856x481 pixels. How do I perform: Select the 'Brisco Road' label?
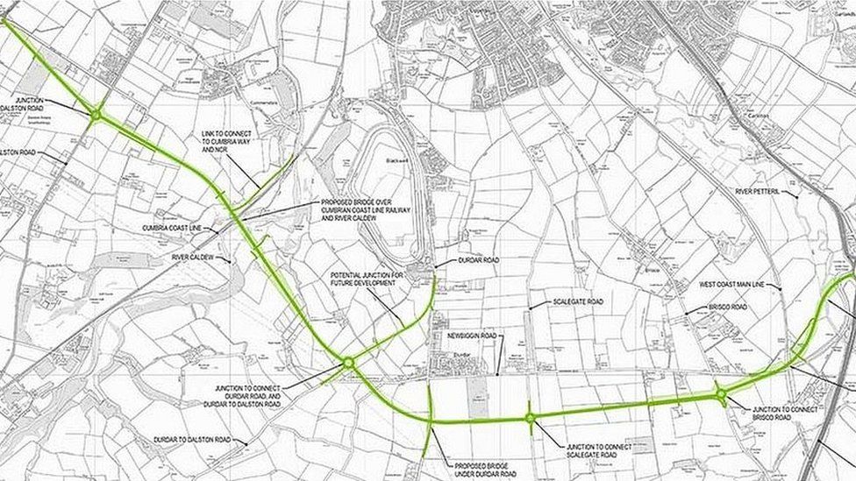tap(728, 308)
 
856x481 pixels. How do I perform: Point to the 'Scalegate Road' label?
tap(577, 301)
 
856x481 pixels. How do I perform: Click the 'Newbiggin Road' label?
tap(471, 336)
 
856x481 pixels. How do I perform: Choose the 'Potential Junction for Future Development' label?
tap(367, 279)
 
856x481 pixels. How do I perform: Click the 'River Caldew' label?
tap(193, 258)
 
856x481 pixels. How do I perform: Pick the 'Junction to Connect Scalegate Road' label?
tap(599, 451)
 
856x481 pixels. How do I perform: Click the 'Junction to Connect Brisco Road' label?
tap(785, 414)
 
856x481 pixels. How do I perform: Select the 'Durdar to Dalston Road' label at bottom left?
tap(192, 440)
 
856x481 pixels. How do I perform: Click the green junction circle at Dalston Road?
tap(96, 115)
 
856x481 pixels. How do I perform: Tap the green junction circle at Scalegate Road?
tap(531, 418)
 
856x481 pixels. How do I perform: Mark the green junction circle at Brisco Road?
tap(720, 394)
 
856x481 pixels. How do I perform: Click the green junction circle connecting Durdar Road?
tap(348, 362)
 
